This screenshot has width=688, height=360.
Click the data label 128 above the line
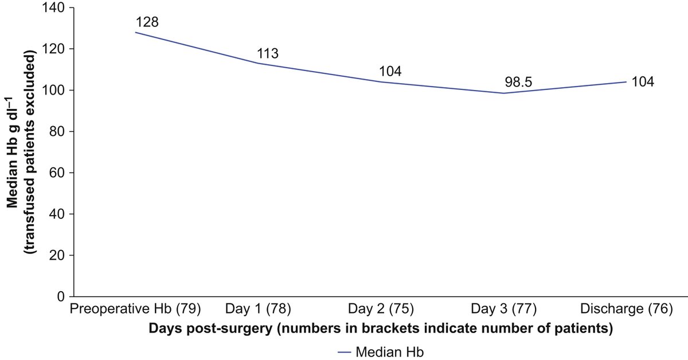click(147, 23)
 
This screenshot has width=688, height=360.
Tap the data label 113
click(267, 54)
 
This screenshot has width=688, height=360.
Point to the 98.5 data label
click(514, 83)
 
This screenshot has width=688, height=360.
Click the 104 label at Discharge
click(642, 82)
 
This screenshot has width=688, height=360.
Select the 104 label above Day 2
click(390, 72)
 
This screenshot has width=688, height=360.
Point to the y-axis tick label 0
click(60, 296)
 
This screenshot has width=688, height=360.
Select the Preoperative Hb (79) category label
click(135, 310)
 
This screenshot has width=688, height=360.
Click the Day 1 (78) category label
click(258, 310)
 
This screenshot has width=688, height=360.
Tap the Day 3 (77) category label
click(503, 310)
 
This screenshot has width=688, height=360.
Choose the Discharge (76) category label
click(626, 310)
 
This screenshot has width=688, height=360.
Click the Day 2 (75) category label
click(381, 310)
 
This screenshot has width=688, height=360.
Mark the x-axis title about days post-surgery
click(380, 329)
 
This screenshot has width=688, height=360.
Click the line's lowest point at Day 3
click(503, 93)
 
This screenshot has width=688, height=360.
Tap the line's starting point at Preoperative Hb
click(135, 32)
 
